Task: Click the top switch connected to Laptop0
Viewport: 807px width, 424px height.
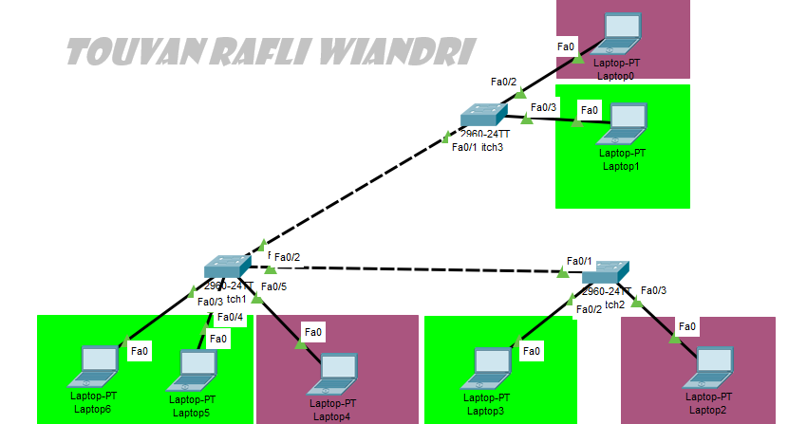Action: [484, 118]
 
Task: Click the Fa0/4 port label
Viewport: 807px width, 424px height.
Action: [230, 317]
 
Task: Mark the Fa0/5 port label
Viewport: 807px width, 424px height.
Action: [273, 286]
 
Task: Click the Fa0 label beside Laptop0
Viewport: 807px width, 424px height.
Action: [566, 46]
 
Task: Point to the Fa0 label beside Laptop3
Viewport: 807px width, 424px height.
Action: [532, 351]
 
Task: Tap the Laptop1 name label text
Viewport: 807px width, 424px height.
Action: [622, 166]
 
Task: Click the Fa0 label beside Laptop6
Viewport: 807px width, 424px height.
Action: [140, 351]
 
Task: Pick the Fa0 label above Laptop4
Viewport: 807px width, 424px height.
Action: [312, 331]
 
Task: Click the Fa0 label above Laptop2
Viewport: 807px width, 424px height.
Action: [687, 326]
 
